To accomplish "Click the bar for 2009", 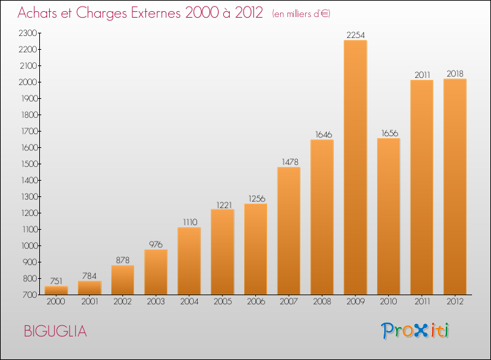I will point(355,167).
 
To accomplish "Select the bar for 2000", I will point(56,290).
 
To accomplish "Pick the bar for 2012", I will point(455,187).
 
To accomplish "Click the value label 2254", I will point(355,35).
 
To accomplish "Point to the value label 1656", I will point(388,133).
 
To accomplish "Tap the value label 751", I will point(56,281).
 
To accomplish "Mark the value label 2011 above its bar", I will point(422,75).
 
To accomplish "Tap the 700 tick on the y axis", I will point(30,295).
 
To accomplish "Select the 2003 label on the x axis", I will point(155,302).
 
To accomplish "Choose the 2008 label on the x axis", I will point(321,302).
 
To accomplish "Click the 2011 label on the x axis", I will point(422,302).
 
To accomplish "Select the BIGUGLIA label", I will point(55,331).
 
